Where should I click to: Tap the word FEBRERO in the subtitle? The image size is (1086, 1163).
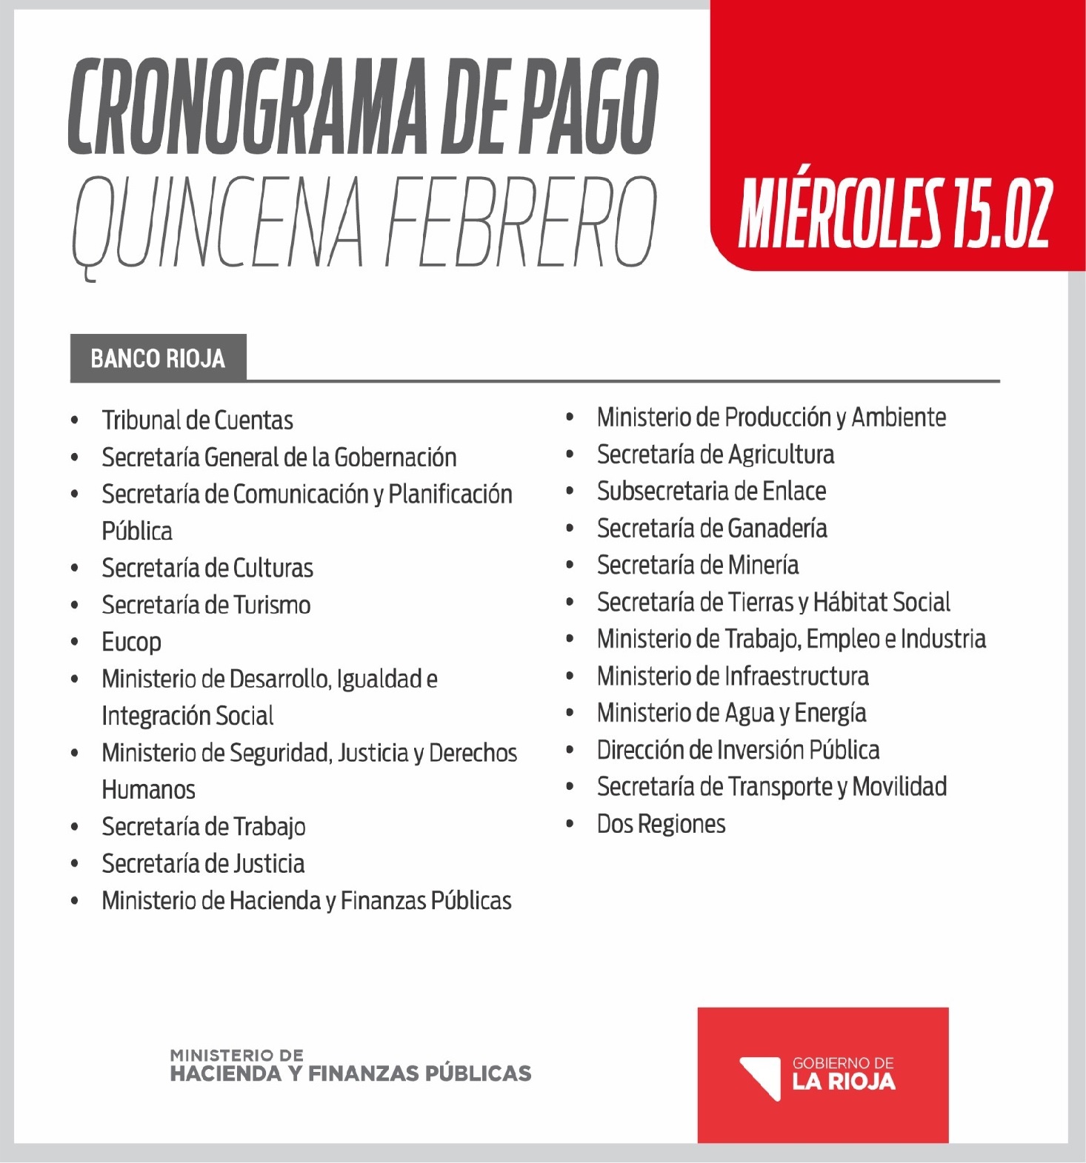(522, 221)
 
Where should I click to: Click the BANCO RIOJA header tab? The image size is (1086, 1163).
(158, 359)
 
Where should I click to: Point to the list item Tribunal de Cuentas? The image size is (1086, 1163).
(197, 420)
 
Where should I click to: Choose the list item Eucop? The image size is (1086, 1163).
(131, 642)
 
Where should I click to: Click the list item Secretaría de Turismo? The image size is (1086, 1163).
(206, 605)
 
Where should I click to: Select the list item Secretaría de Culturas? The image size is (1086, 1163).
(207, 568)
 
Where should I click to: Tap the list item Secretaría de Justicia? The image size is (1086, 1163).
(203, 863)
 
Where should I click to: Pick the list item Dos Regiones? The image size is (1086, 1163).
(661, 824)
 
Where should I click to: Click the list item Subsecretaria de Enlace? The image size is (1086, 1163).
(711, 491)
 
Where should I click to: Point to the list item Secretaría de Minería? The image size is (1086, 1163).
(697, 565)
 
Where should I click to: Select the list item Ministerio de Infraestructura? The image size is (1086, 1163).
(733, 676)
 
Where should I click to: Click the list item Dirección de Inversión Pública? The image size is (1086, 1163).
(738, 750)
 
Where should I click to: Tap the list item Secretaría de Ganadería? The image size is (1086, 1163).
(711, 528)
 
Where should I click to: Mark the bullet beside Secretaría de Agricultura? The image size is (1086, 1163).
(570, 455)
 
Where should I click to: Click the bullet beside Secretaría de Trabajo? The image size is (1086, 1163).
(75, 827)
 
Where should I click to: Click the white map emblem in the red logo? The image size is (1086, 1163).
(761, 1078)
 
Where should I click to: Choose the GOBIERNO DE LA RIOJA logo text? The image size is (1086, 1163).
(843, 1074)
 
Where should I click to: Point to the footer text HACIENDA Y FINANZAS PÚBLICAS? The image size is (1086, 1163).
(350, 1073)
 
